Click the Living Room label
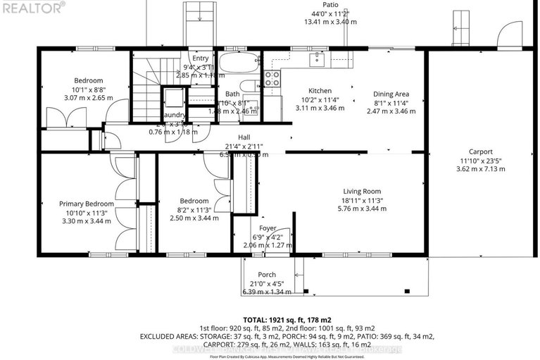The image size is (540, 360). point(362,191)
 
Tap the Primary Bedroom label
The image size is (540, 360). point(86,204)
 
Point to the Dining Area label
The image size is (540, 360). point(391,94)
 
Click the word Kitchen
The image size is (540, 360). point(320,91)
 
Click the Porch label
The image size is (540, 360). point(267,275)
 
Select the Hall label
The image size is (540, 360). point(244,137)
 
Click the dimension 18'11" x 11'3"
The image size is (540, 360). point(362,200)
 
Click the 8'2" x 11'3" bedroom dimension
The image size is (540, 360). point(194,209)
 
